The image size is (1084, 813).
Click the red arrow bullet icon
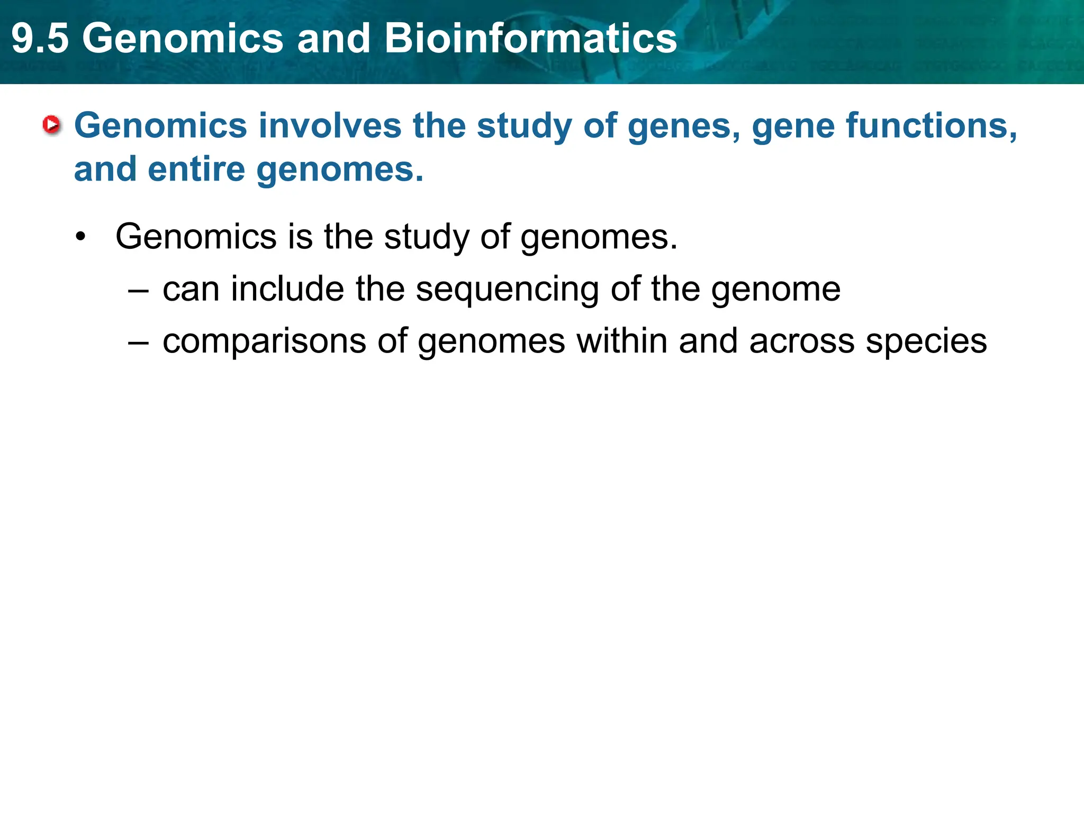click(52, 125)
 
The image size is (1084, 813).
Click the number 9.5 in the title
click(40, 38)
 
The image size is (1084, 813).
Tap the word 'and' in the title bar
click(333, 38)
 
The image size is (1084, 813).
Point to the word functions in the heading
click(931, 126)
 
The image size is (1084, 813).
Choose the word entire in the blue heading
click(196, 169)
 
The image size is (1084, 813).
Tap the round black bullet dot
click(80, 237)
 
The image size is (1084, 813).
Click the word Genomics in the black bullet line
click(196, 237)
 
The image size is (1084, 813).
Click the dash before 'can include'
click(138, 291)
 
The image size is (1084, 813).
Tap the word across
click(801, 342)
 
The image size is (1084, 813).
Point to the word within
click(621, 341)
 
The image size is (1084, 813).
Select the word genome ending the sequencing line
click(775, 290)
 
